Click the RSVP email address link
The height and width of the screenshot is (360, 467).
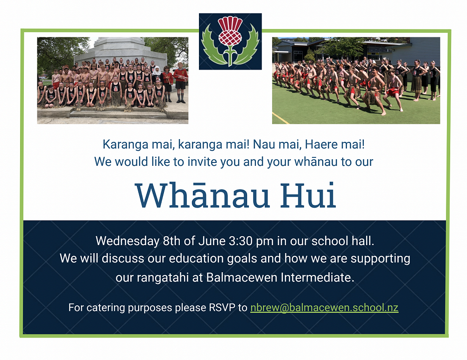click(x=325, y=307)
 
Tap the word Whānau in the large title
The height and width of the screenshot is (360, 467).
click(x=202, y=195)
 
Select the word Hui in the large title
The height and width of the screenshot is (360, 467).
click(x=309, y=195)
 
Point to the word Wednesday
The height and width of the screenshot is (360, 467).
click(x=127, y=241)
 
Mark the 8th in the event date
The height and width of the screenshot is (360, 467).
click(x=171, y=240)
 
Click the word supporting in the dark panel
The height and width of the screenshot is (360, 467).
click(x=380, y=259)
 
